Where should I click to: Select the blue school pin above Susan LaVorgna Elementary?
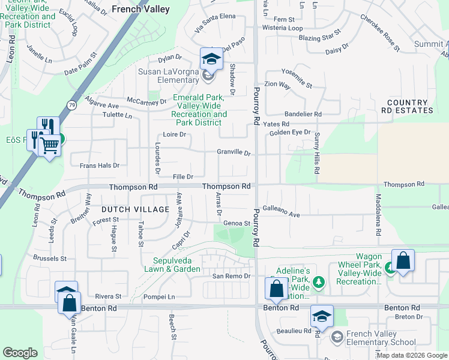click(x=211, y=58)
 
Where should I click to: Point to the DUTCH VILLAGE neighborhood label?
click(x=135, y=209)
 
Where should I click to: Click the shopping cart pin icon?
click(x=49, y=144)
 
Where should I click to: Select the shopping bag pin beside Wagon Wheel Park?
click(x=403, y=261)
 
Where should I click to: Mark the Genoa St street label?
click(x=237, y=223)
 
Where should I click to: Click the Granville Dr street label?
click(x=234, y=153)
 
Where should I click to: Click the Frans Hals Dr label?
click(x=95, y=165)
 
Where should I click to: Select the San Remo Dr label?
click(x=231, y=276)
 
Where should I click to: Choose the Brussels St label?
click(x=50, y=259)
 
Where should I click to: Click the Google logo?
click(x=20, y=353)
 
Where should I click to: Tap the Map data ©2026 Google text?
click(x=411, y=355)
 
